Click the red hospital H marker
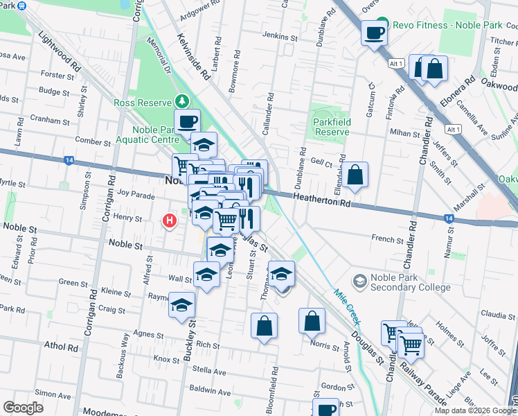168,221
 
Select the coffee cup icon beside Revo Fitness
374,33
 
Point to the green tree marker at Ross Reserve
181,101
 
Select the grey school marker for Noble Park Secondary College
360,280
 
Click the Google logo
23,408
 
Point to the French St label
386,239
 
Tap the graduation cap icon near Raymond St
181,304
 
